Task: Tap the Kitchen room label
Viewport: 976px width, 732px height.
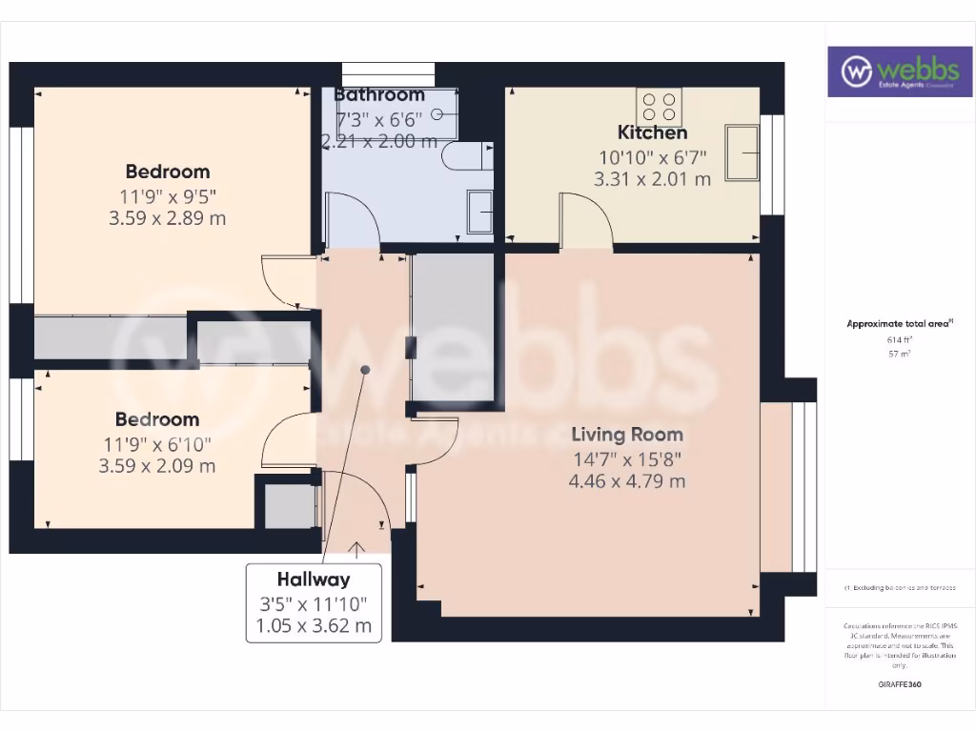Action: (x=652, y=132)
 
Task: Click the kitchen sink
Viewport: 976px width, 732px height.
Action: (x=742, y=152)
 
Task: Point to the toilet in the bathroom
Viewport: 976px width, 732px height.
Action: (x=467, y=156)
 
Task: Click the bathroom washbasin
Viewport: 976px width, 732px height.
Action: (x=479, y=210)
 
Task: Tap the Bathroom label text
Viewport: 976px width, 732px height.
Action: (x=379, y=94)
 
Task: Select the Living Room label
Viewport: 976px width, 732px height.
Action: (x=626, y=435)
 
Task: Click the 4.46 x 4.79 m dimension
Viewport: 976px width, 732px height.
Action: (x=626, y=481)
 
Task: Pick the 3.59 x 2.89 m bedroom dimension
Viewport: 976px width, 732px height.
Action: (x=168, y=218)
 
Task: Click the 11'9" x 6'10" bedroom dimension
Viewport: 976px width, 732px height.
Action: (x=157, y=443)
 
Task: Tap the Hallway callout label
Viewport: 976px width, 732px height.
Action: (x=314, y=579)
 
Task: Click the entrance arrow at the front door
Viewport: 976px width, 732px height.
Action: (x=357, y=549)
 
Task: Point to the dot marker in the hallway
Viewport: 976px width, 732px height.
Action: (x=364, y=369)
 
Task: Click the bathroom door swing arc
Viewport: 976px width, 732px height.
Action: (x=354, y=218)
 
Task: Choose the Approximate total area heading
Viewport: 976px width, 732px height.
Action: (x=899, y=324)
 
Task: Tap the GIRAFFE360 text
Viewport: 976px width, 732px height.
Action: (x=899, y=684)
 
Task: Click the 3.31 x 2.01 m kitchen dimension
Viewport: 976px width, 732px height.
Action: (x=652, y=178)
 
